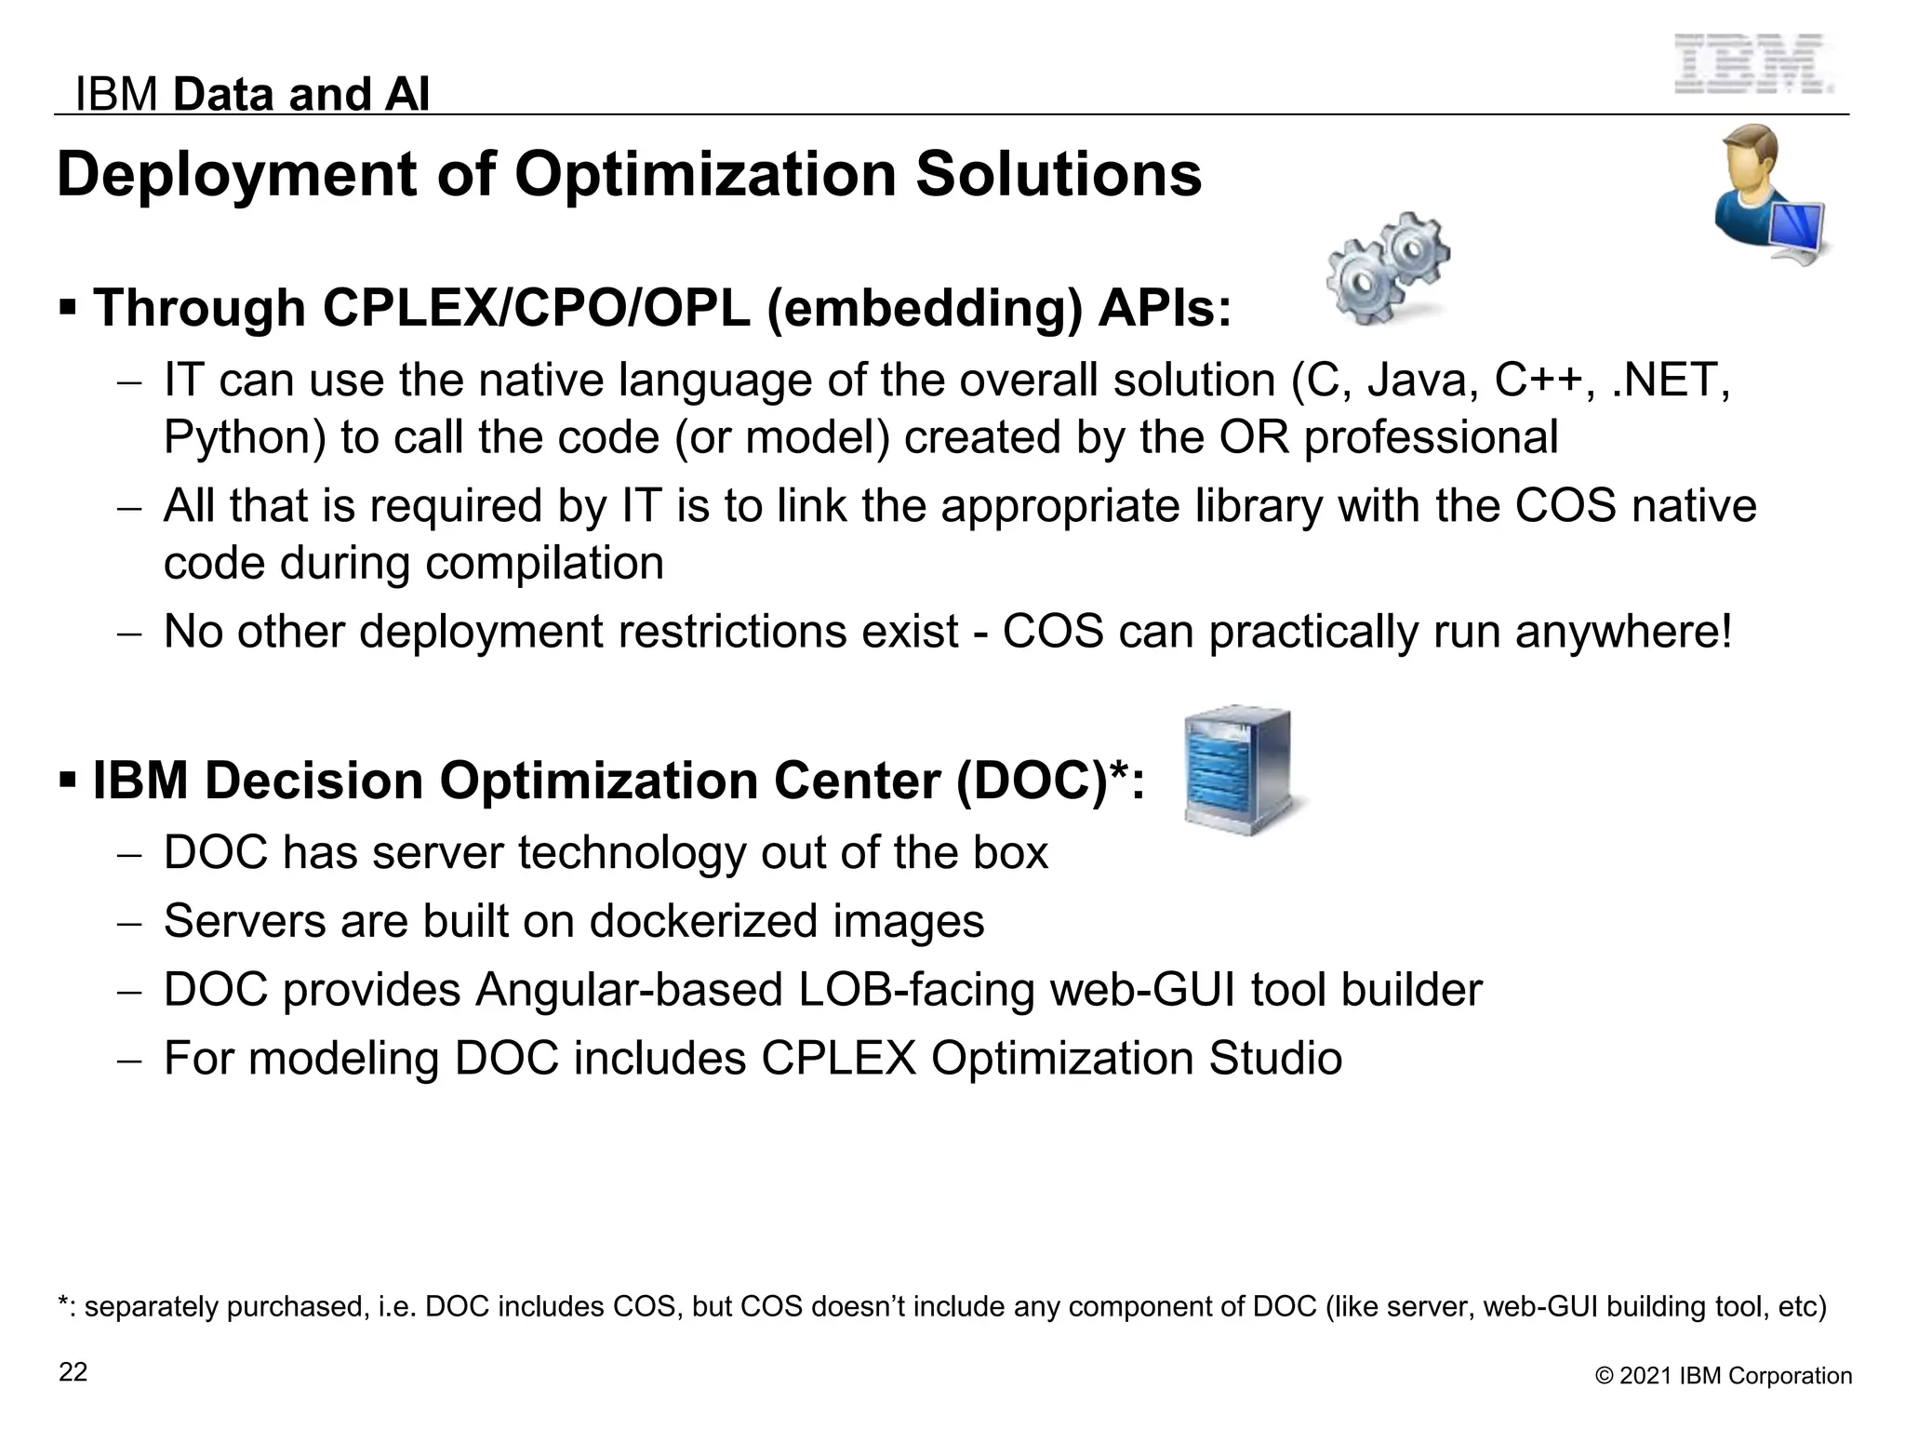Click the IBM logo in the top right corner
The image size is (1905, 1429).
1753,64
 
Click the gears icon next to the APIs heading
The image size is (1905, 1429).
1387,268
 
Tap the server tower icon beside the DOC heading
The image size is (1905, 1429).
1240,770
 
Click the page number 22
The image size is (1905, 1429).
73,1372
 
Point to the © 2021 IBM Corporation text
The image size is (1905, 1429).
1724,1376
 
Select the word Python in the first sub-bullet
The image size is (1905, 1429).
245,437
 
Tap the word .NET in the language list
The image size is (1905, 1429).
1671,381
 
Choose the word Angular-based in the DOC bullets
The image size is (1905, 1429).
629,990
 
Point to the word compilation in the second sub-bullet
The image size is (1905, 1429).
543,563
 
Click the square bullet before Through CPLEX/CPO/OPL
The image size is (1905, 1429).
67,306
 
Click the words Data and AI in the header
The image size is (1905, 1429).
301,94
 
